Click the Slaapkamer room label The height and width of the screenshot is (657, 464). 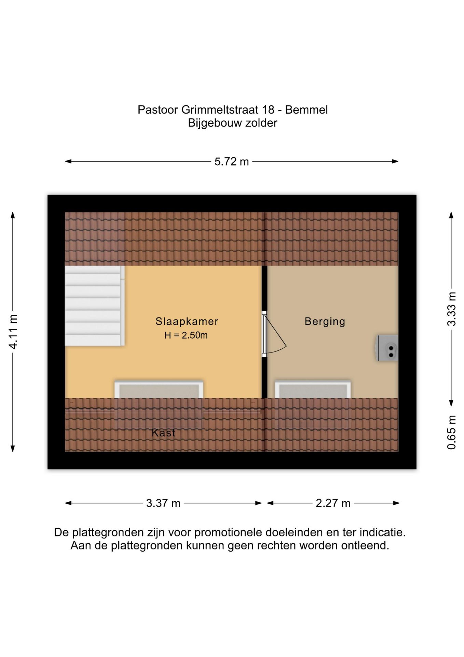[x=187, y=321]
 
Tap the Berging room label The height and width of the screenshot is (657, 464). [x=325, y=322]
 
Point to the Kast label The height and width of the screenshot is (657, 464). [x=163, y=433]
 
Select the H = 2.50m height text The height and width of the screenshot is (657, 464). [x=186, y=335]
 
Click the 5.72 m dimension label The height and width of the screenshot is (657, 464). [x=232, y=162]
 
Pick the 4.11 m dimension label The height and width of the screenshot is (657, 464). [x=13, y=332]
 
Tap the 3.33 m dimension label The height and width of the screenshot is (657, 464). [x=452, y=309]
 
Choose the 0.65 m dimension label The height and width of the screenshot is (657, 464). [x=452, y=432]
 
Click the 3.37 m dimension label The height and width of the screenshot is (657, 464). [x=163, y=503]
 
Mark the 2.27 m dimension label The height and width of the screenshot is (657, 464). [x=333, y=503]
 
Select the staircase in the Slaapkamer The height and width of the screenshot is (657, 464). [x=95, y=306]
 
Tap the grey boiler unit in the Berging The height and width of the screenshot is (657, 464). [x=387, y=348]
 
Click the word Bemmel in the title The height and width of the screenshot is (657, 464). [x=306, y=110]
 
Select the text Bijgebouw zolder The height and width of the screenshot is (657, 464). [x=232, y=123]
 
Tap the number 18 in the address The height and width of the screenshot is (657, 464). [x=268, y=110]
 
